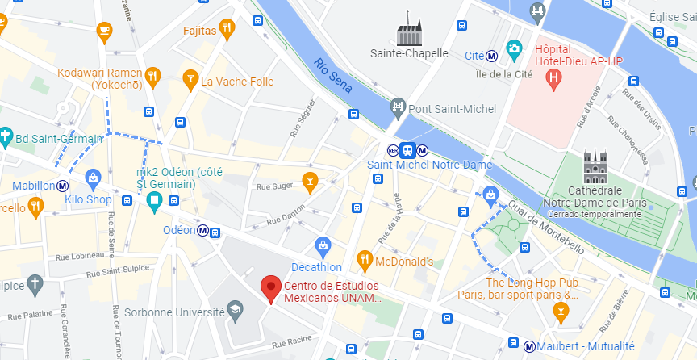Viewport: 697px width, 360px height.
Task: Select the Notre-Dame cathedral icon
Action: point(595,168)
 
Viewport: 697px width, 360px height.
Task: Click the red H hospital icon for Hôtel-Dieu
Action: point(553,78)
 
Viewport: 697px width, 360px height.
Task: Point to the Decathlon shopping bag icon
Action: point(323,245)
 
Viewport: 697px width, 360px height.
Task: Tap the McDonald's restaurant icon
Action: point(364,261)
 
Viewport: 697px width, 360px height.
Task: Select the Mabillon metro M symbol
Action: point(62,185)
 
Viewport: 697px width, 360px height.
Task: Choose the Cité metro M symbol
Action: point(491,56)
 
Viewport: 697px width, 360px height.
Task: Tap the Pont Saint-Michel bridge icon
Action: point(397,107)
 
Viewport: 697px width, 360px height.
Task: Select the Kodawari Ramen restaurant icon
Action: point(152,77)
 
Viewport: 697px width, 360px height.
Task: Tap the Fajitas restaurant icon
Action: point(228,31)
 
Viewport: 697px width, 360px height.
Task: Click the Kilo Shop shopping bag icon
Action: point(93,177)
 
